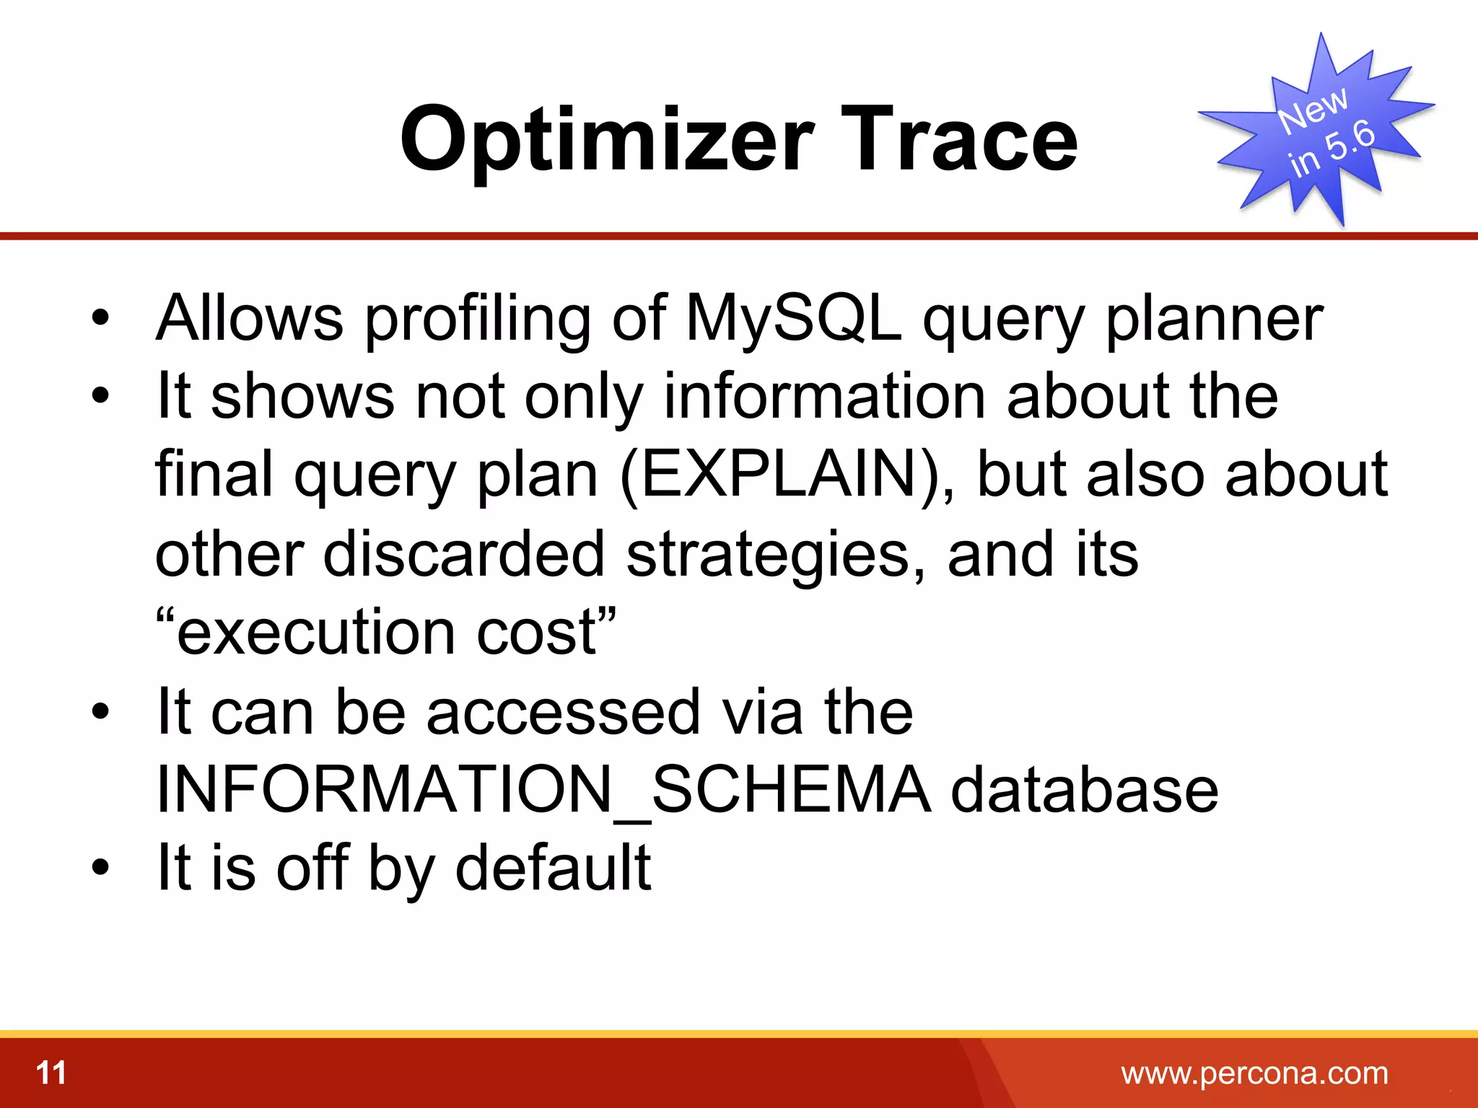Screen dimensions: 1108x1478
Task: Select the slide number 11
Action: tap(51, 1073)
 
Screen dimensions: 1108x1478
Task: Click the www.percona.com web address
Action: tap(1254, 1073)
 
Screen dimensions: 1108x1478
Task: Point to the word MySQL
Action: tap(794, 319)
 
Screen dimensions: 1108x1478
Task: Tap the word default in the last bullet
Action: tap(553, 868)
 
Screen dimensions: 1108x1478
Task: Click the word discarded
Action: tap(463, 554)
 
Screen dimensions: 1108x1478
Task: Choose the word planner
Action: tap(1214, 319)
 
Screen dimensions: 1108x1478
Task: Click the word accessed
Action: tap(563, 711)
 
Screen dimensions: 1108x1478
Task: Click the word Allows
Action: tap(250, 319)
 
